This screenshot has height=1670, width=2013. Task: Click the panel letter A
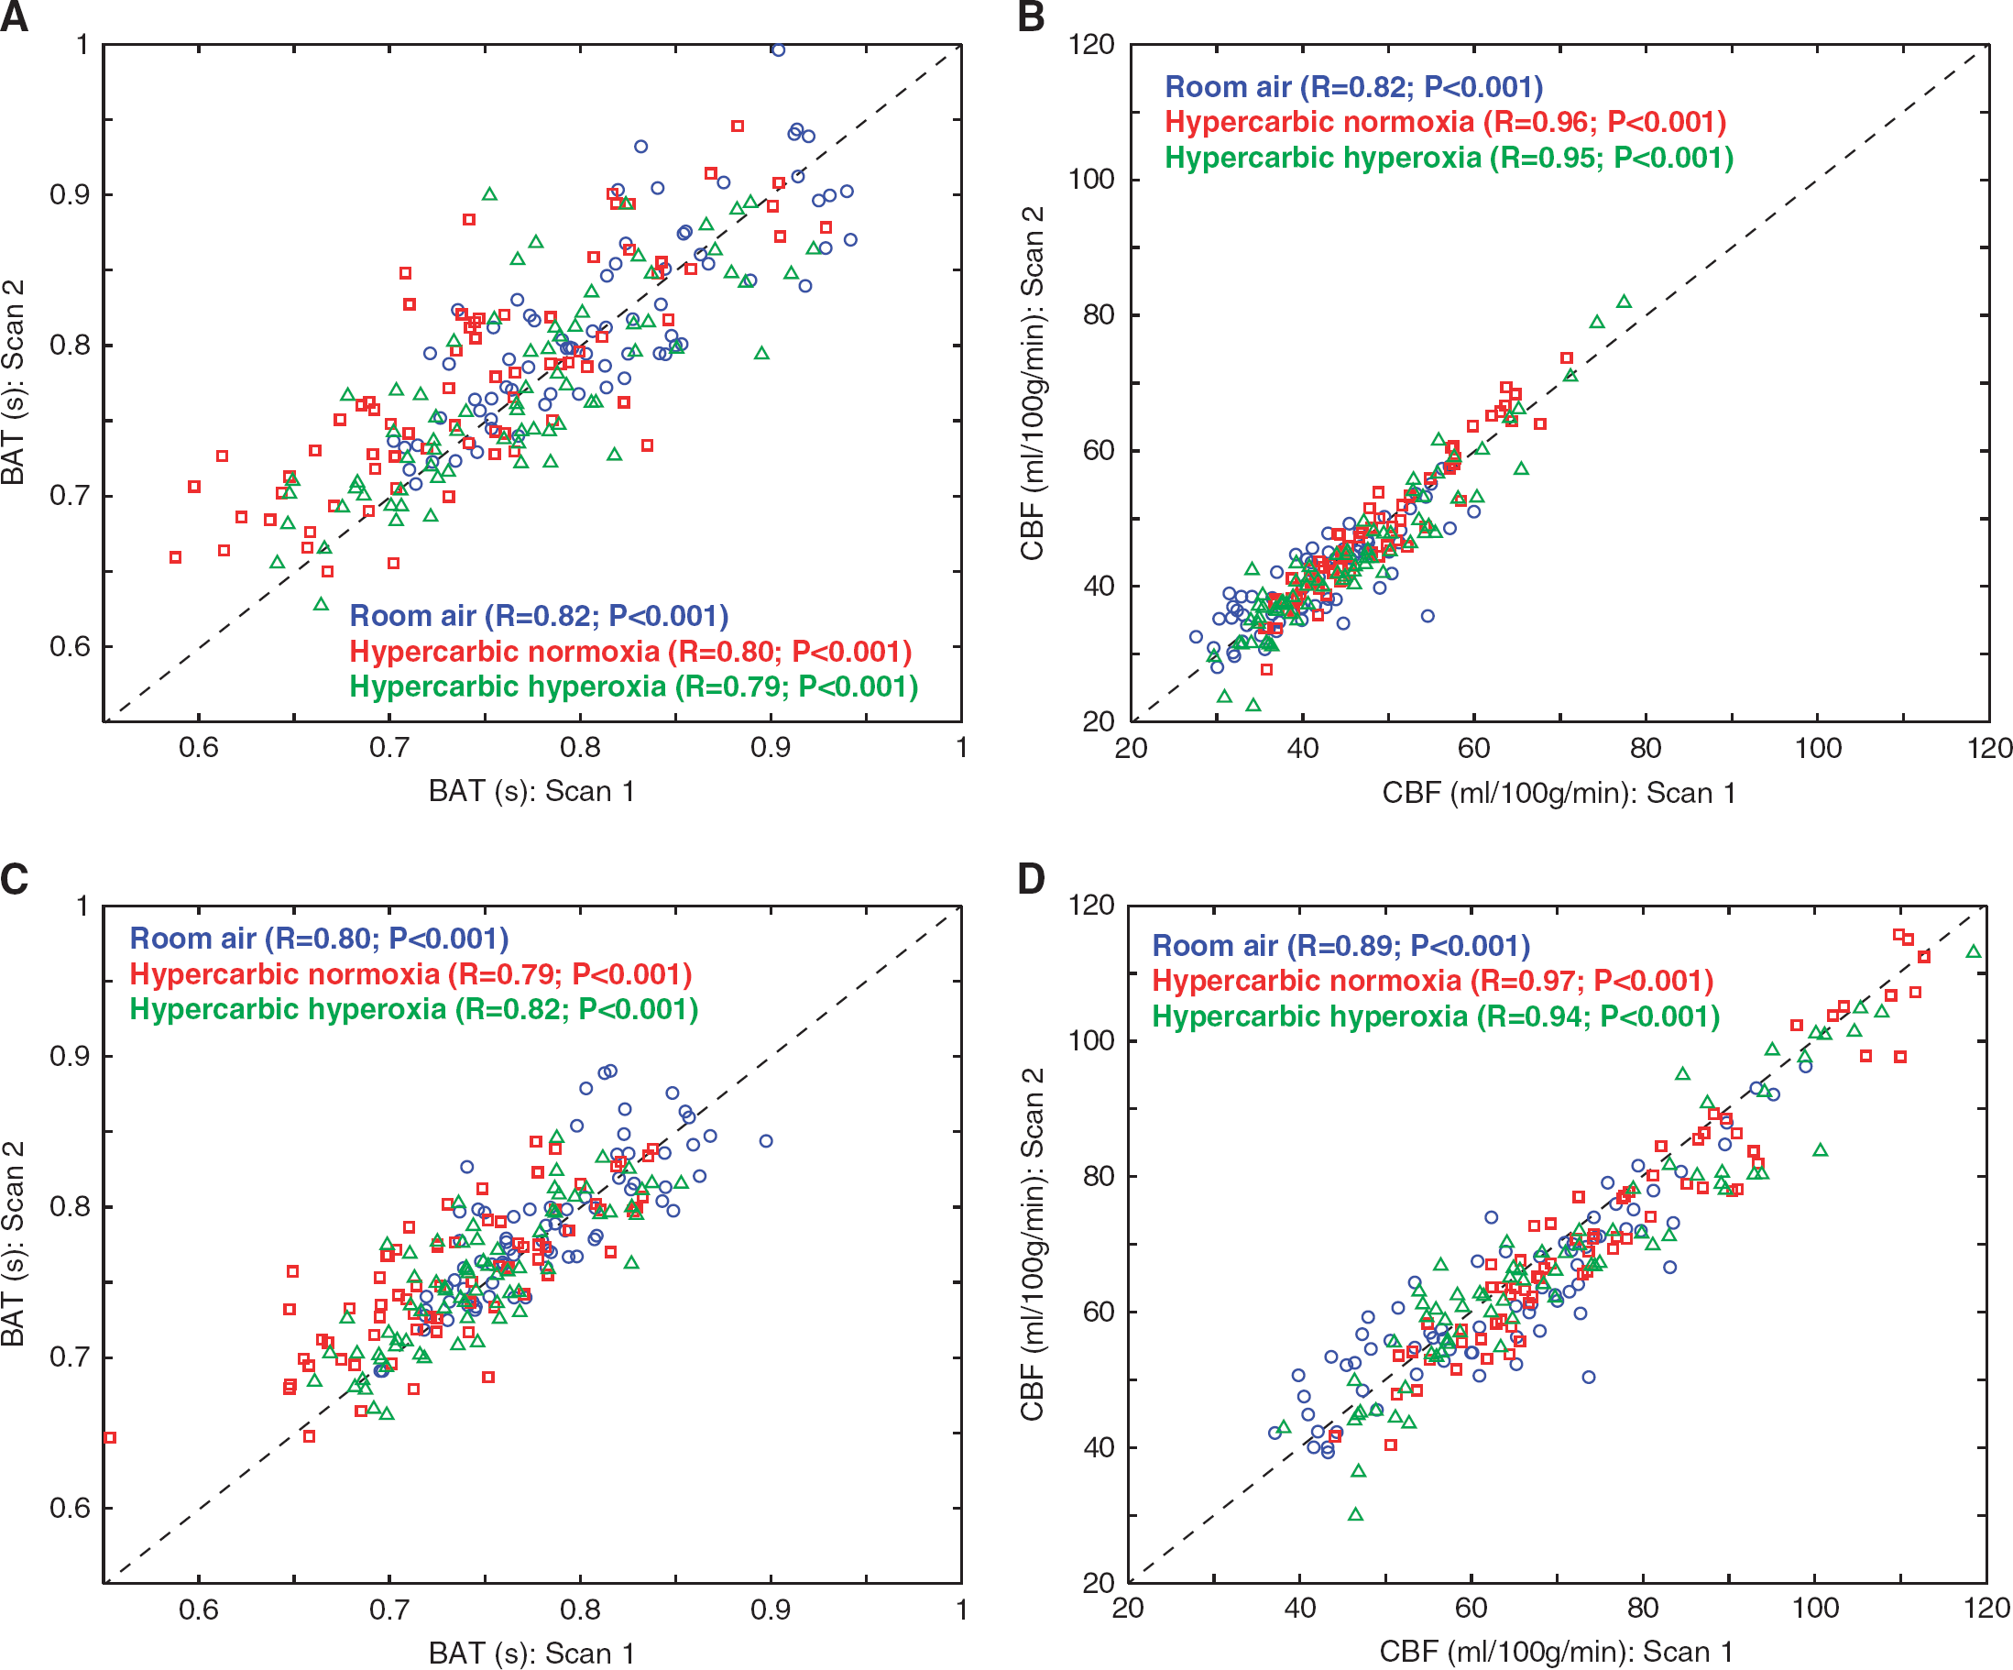click(15, 17)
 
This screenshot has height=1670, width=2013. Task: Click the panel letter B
click(1032, 17)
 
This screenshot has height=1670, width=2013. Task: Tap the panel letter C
click(15, 878)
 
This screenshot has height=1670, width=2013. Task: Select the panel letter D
click(1032, 878)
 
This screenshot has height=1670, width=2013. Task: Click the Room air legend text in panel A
click(539, 615)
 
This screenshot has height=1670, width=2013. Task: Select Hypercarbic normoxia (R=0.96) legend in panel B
click(1446, 122)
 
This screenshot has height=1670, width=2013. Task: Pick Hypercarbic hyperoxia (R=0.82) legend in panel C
click(414, 1008)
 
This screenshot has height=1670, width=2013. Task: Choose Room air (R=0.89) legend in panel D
click(1341, 945)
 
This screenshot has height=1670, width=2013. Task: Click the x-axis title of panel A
click(531, 791)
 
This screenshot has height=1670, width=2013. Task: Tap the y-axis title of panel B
click(1033, 382)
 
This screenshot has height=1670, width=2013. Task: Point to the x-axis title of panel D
click(1557, 1651)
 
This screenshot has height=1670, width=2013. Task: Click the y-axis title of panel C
click(14, 1244)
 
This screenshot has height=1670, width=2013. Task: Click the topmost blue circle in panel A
click(779, 49)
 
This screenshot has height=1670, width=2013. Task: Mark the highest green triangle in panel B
click(1624, 301)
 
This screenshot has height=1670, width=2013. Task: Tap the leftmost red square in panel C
click(110, 1437)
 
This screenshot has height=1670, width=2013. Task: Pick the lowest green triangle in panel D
click(1355, 1514)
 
